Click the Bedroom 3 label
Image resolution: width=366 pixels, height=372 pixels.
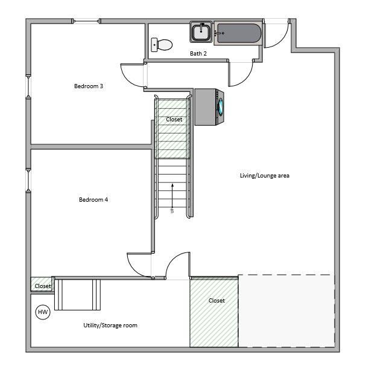(x=89, y=86)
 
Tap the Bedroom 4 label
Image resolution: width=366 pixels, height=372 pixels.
(x=93, y=199)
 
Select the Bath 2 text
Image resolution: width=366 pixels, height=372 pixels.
(x=198, y=54)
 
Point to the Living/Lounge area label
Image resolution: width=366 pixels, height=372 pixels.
(x=265, y=176)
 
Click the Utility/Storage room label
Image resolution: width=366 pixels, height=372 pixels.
(x=110, y=325)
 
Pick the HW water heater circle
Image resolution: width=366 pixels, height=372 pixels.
(x=43, y=312)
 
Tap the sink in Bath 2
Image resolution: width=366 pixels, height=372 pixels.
(x=201, y=31)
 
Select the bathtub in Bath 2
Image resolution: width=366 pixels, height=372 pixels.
(x=238, y=34)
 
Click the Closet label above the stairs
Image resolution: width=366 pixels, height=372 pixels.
(x=174, y=120)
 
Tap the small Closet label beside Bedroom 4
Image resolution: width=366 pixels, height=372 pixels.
(x=43, y=286)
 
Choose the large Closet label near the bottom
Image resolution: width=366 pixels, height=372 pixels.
(x=216, y=300)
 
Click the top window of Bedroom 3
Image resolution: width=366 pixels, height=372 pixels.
(x=87, y=22)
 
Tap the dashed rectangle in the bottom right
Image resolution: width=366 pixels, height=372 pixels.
(x=286, y=311)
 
